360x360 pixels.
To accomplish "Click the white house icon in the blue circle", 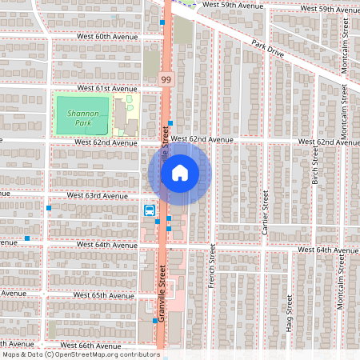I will [180, 171].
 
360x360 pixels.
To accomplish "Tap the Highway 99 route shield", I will [166, 79].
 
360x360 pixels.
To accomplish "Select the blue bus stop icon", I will [150, 210].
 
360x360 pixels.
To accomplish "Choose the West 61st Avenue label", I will [107, 88].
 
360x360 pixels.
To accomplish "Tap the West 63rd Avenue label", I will [98, 195].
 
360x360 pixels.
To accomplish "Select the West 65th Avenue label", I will [102, 295].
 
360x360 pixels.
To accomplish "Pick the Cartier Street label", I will [264, 211].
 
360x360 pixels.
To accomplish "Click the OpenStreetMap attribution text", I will [81, 354].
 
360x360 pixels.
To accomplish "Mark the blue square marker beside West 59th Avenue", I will [162, 23].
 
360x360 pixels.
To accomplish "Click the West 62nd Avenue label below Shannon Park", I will [106, 142].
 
